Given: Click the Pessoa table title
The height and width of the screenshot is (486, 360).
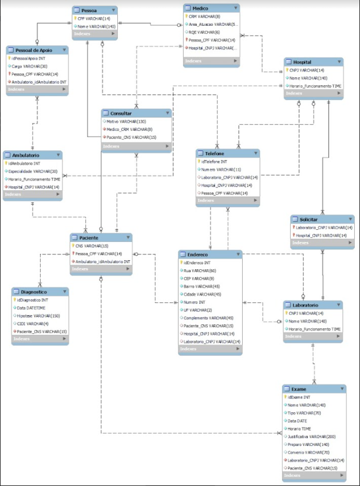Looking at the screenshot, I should coord(89,10).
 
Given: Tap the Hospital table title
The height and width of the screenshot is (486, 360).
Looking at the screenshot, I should coord(302,62).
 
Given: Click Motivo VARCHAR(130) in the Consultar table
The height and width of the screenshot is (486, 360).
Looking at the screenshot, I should coord(125,121).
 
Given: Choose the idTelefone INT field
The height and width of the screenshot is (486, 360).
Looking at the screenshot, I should coord(214,162).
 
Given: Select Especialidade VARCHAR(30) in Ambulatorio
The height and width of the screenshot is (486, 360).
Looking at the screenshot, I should coord(33,171).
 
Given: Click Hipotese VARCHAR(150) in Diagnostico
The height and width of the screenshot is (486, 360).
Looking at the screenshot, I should coord(38,316).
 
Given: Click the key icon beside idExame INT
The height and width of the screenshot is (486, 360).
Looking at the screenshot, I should coord(286,397).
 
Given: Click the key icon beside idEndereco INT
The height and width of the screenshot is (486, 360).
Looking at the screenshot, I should coord(181,262).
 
